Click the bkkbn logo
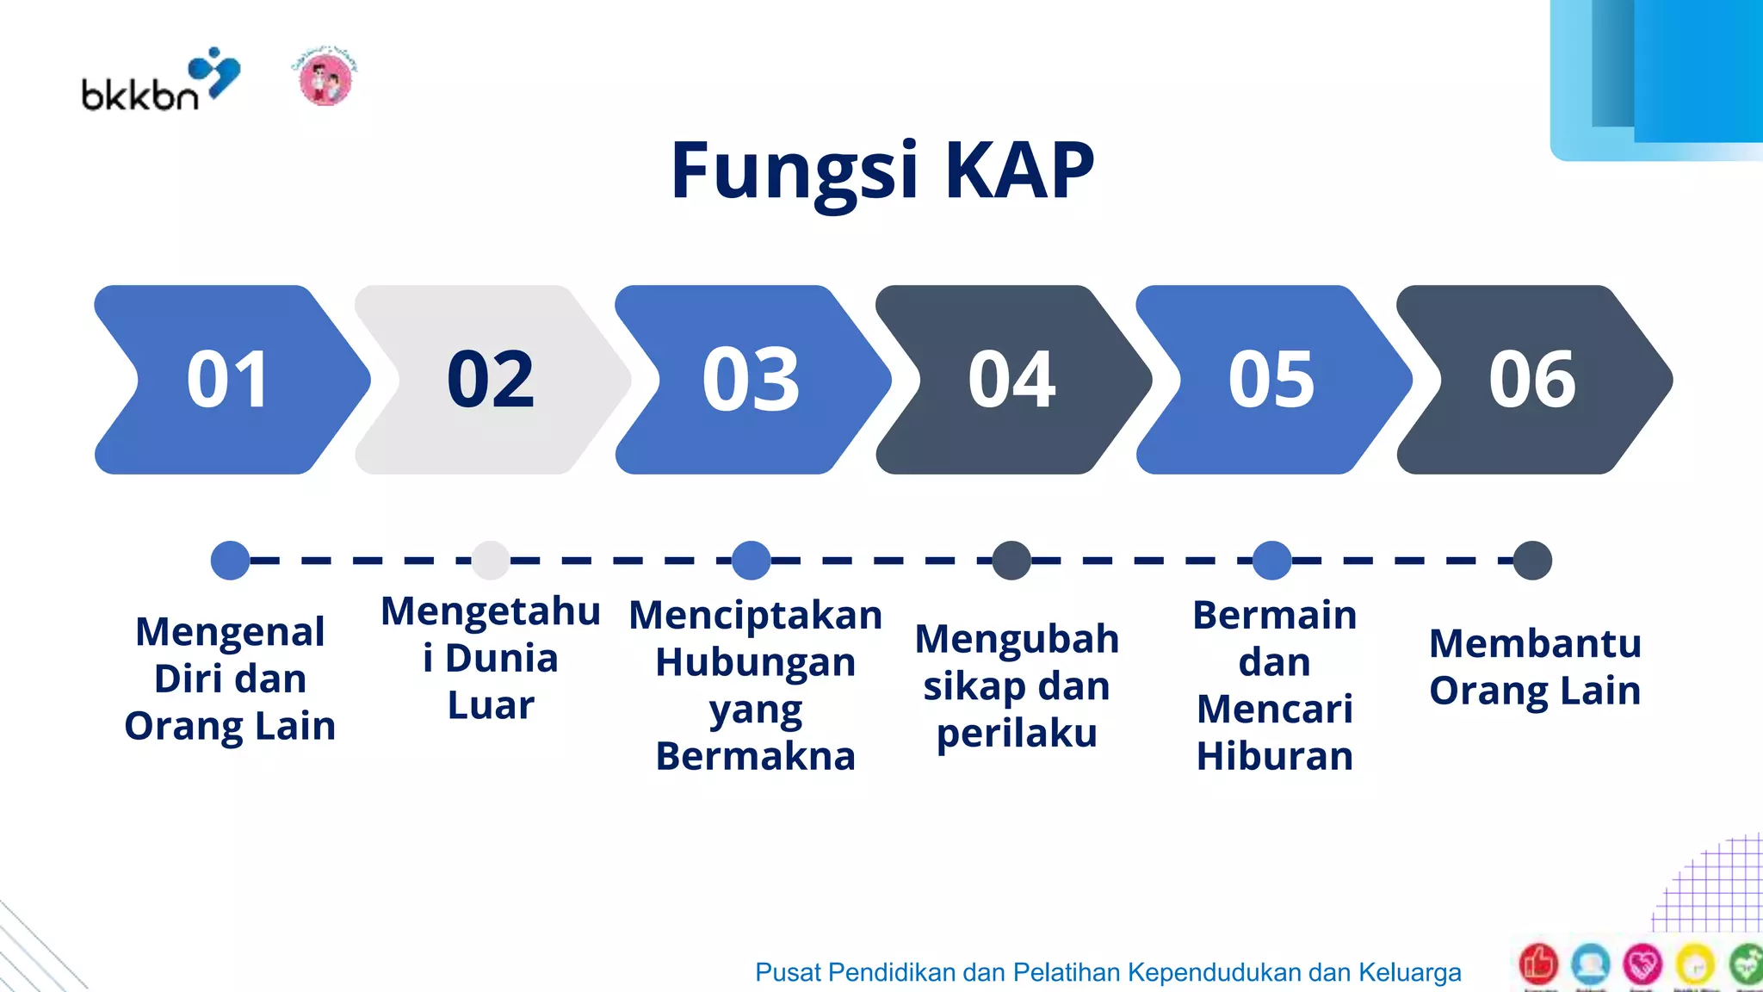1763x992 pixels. (160, 81)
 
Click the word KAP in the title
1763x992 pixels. (1019, 170)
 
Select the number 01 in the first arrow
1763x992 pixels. (228, 380)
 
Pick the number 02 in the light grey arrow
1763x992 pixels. (491, 380)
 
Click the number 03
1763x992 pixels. (752, 380)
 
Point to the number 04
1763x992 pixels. (1011, 380)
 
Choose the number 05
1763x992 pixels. (1271, 380)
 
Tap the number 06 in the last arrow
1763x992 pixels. (1532, 380)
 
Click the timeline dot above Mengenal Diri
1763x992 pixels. (230, 561)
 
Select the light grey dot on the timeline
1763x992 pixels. (491, 561)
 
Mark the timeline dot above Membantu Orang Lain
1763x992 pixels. (1532, 561)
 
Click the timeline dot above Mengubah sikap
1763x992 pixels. (1011, 561)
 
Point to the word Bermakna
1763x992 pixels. (755, 756)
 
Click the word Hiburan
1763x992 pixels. (1275, 756)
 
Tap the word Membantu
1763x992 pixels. (1535, 643)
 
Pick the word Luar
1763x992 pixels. (491, 705)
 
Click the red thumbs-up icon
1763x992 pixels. (1538, 964)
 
